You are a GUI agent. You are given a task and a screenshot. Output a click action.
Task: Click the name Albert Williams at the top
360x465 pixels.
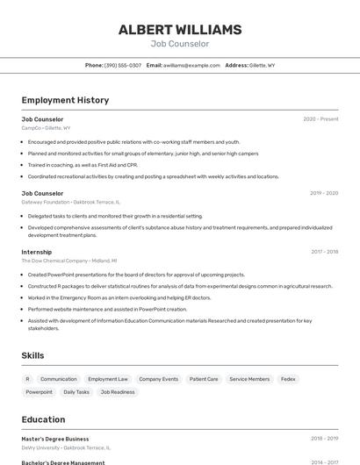point(180,29)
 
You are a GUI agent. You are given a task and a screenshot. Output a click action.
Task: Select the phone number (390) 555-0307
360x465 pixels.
point(122,66)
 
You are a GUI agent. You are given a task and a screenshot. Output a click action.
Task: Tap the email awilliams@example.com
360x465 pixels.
point(191,66)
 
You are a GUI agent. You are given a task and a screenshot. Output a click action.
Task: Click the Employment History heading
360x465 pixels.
point(65,100)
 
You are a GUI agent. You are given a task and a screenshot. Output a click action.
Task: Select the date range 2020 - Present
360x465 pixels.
point(320,119)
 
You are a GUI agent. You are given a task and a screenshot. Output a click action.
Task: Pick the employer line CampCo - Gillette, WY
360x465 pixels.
point(46,128)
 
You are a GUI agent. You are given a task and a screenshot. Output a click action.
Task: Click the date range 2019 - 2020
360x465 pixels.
point(324,193)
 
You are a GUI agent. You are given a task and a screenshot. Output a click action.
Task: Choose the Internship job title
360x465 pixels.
point(37,252)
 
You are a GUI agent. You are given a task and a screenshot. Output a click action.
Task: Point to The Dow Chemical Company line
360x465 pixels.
point(68,261)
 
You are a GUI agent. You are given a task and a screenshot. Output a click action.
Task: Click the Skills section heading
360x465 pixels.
point(33,355)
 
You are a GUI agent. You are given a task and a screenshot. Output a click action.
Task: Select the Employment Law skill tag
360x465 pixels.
point(108,379)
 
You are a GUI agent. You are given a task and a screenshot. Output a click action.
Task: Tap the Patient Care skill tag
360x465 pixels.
point(204,379)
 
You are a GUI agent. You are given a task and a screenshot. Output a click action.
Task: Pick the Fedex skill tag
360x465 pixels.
point(288,379)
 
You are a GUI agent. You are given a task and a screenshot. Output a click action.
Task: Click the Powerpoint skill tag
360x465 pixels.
point(39,392)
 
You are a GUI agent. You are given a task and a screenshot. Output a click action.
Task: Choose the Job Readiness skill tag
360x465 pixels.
point(118,392)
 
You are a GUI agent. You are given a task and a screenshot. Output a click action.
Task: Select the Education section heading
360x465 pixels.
point(43,419)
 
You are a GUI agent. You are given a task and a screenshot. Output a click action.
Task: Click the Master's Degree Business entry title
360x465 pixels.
point(55,439)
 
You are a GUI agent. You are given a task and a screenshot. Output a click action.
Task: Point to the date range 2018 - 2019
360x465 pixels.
point(324,439)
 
